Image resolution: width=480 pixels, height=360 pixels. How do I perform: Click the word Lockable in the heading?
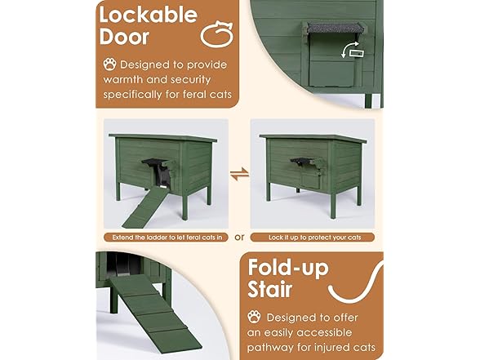(148, 15)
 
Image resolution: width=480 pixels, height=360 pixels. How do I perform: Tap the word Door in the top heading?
(126, 37)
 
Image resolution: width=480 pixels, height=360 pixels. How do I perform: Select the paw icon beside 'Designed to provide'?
(109, 63)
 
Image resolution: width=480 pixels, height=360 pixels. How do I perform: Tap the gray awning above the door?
(331, 29)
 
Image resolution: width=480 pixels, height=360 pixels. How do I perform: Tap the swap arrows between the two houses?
(239, 174)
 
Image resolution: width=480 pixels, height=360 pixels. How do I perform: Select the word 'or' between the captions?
(239, 238)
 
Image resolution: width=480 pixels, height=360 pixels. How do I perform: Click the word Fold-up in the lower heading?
(292, 269)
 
